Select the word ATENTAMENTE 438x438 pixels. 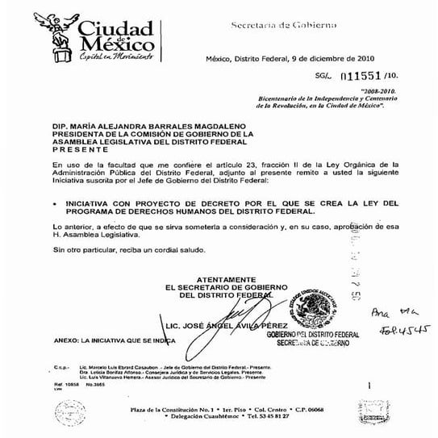[x=224, y=278]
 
